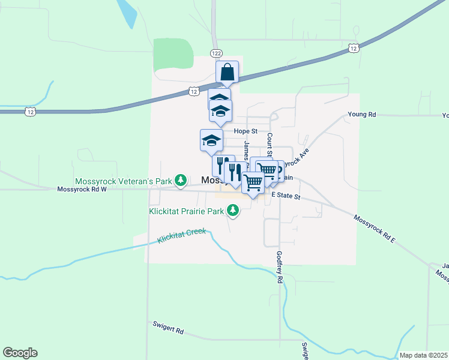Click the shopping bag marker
[x=228, y=72]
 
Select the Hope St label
[x=245, y=131]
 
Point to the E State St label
[x=285, y=196]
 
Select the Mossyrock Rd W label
[x=82, y=189]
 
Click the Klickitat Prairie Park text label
[x=186, y=211]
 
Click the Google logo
[x=20, y=353]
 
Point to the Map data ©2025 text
[x=423, y=355]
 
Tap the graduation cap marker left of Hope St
[x=211, y=140]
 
